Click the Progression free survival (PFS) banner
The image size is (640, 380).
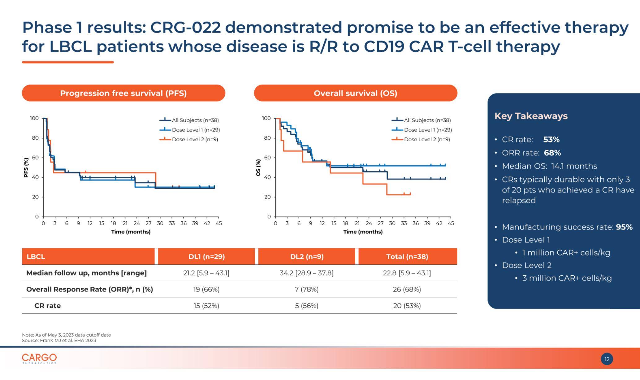point(123,93)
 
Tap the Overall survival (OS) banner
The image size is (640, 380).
point(355,93)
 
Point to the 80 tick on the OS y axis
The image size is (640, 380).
point(267,138)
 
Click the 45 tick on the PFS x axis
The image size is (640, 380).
point(218,223)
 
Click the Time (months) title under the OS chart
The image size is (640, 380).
point(363,232)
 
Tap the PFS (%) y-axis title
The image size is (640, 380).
point(26,168)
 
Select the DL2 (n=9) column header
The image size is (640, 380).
point(307,256)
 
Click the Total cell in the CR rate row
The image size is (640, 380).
point(407,306)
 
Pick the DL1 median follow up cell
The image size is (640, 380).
point(206,273)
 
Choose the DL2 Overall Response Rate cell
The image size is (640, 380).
point(306,289)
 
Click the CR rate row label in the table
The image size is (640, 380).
point(47,306)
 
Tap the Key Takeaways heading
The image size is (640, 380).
point(531,116)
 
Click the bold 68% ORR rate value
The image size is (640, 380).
point(552,153)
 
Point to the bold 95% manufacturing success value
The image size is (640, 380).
point(624,227)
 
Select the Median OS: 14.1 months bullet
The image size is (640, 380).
point(549,166)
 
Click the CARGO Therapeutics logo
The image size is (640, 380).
point(39,359)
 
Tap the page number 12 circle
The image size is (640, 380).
point(607,359)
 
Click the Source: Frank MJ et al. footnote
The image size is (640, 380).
point(59,340)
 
